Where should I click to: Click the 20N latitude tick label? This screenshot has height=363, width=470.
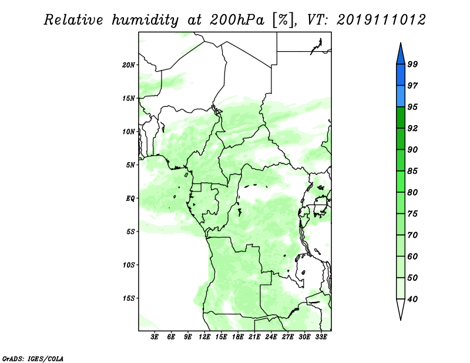coord(129,65)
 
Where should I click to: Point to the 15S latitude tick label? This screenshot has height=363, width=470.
coord(129,298)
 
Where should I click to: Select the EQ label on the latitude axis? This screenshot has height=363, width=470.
coord(131,199)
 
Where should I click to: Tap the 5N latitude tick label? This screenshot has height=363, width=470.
coord(130,165)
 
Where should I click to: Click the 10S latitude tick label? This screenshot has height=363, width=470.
coord(129,265)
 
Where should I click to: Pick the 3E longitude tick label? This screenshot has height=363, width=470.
coord(155,338)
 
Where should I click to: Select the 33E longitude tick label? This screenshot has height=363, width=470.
coord(321,338)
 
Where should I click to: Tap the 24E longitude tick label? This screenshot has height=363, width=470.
coord(271,338)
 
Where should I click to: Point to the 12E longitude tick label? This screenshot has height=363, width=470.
coord(205,338)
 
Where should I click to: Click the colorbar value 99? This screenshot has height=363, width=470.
coord(412,65)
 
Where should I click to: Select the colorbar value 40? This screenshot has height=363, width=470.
coord(412,300)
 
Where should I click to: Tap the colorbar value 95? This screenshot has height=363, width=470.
coord(412,107)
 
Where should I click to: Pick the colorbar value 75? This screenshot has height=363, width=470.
coord(412,214)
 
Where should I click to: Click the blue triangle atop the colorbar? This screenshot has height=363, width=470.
coord(400,53)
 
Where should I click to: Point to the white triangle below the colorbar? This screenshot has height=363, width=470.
coord(400,309)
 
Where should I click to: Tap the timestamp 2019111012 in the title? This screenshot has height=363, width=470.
coord(381,20)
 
